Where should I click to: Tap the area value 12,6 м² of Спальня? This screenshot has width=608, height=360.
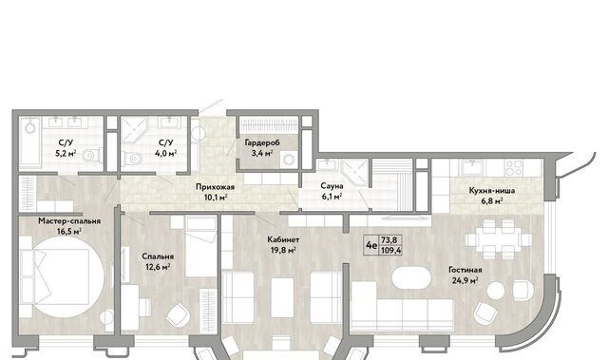click(x=158, y=267)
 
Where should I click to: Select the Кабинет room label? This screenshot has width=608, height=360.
click(x=283, y=239)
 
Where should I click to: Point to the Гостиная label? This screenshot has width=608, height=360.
click(x=465, y=270)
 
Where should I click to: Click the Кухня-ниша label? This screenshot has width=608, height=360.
click(x=492, y=191)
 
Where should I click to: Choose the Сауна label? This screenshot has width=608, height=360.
click(x=332, y=186)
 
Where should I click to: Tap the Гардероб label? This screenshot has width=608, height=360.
click(x=262, y=142)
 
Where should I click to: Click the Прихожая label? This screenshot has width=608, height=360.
click(x=215, y=187)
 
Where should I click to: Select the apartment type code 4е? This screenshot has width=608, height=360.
click(x=371, y=245)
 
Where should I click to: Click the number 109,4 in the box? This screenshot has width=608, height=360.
click(x=390, y=251)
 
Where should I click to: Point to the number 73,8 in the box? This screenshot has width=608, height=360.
click(x=389, y=240)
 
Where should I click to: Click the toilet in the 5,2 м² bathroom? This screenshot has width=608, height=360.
click(x=93, y=156)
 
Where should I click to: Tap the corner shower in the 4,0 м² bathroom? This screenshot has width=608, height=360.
click(x=134, y=130)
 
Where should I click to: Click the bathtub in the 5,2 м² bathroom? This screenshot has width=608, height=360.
click(x=29, y=142)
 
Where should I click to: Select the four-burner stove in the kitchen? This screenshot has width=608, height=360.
click(x=514, y=168)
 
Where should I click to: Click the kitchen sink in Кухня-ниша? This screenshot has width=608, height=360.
click(x=471, y=168)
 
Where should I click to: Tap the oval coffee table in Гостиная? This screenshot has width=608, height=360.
click(x=411, y=276)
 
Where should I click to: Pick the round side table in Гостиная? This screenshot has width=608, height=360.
click(x=496, y=291)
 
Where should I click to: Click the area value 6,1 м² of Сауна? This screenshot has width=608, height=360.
click(x=332, y=197)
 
